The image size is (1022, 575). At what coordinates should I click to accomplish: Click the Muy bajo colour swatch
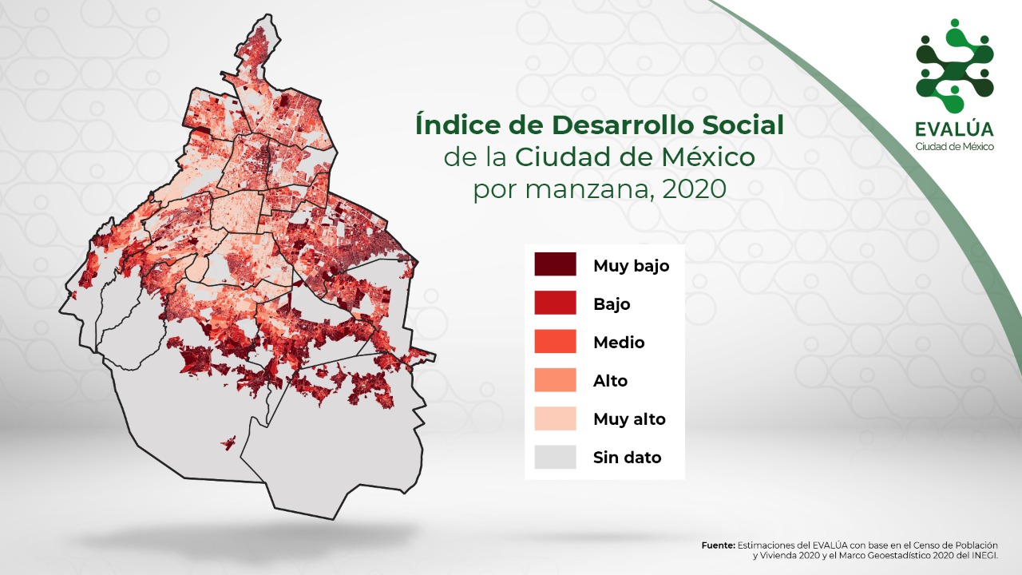pyautogui.click(x=555, y=264)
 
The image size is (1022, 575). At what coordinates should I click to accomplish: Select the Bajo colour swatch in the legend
pyautogui.click(x=555, y=303)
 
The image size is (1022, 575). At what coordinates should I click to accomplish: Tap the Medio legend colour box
pyautogui.click(x=555, y=341)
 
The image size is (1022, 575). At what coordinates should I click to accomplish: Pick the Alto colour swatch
pyautogui.click(x=555, y=379)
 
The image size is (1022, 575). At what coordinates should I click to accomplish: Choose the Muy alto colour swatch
pyautogui.click(x=555, y=418)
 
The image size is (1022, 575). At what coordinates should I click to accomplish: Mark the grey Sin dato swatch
pyautogui.click(x=555, y=457)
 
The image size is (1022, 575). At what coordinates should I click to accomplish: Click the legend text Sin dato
pyautogui.click(x=628, y=458)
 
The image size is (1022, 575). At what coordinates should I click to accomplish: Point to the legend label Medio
pyautogui.click(x=619, y=342)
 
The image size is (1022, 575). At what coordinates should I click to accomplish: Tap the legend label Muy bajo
pyautogui.click(x=632, y=266)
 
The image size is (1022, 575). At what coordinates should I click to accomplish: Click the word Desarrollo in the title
pyautogui.click(x=622, y=125)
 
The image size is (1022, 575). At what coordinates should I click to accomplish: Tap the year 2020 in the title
pyautogui.click(x=694, y=188)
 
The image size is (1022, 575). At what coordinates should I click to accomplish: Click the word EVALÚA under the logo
pyautogui.click(x=954, y=129)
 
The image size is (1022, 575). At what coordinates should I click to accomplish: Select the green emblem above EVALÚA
pyautogui.click(x=954, y=65)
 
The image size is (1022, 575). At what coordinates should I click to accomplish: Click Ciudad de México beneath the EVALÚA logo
pyautogui.click(x=954, y=147)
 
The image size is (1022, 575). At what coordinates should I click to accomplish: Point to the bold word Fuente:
pyautogui.click(x=718, y=545)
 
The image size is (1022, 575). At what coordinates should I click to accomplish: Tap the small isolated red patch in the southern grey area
pyautogui.click(x=228, y=442)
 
